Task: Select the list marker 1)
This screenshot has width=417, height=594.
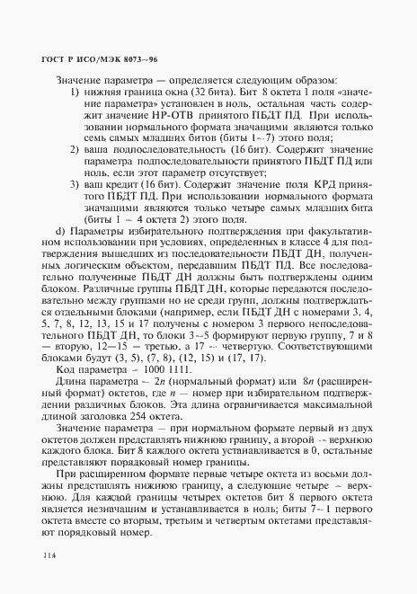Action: click(x=76, y=93)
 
